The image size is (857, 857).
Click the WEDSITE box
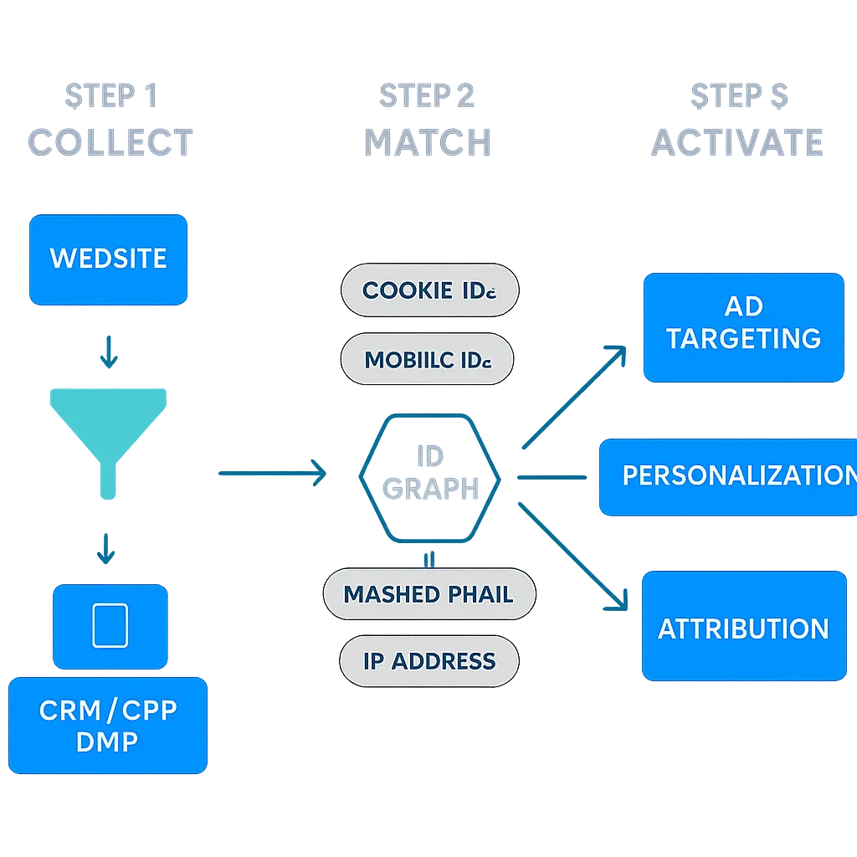click(x=108, y=259)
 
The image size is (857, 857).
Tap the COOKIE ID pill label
click(x=429, y=291)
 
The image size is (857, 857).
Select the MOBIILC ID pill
click(x=427, y=360)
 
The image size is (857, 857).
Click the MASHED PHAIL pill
click(x=428, y=594)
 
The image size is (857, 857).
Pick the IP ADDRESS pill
click(x=428, y=661)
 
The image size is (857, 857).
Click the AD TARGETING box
click(x=743, y=324)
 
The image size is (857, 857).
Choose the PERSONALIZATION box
click(x=728, y=476)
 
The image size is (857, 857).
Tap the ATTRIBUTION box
click(x=743, y=628)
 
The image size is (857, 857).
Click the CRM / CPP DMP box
click(x=108, y=726)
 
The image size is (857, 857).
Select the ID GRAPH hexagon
click(x=430, y=474)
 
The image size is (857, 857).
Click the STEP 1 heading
click(x=111, y=95)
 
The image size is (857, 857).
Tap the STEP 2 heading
click(x=428, y=95)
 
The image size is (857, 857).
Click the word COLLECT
click(x=110, y=143)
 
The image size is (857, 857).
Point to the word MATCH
click(x=428, y=143)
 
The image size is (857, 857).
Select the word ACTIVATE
click(x=737, y=143)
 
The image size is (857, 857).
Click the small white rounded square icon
click(x=110, y=625)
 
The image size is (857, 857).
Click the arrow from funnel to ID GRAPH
click(x=271, y=473)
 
